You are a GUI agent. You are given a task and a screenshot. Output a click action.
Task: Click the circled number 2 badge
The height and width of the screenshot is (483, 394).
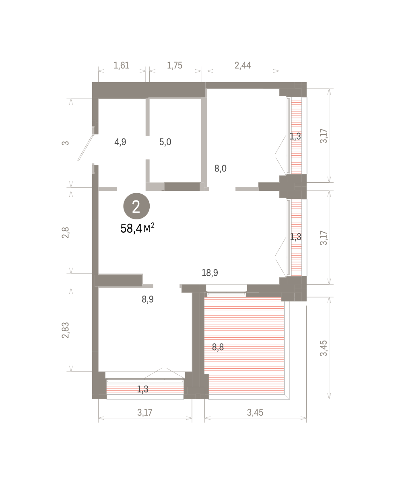(x=136, y=206)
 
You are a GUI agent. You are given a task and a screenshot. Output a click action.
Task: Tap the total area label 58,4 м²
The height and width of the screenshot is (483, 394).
(x=137, y=228)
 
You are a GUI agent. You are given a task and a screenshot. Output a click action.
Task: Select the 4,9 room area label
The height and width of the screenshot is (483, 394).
(x=120, y=142)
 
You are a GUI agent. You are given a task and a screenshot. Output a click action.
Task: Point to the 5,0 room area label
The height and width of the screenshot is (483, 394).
(x=165, y=142)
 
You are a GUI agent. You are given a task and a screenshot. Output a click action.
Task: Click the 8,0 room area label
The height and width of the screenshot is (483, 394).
(x=221, y=169)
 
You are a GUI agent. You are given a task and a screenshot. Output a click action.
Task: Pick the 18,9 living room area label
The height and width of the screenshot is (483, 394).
(x=210, y=273)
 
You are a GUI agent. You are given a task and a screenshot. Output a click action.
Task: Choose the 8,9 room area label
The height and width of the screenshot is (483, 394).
(x=148, y=299)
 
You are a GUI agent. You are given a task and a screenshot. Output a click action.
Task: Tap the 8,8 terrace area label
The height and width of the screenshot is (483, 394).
(x=218, y=347)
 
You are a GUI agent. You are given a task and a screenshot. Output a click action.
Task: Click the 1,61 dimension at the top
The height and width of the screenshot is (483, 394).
(x=122, y=66)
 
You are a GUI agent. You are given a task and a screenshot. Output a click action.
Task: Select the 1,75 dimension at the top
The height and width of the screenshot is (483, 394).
(x=175, y=66)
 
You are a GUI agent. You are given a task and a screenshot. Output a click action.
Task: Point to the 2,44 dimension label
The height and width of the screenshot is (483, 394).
(x=243, y=66)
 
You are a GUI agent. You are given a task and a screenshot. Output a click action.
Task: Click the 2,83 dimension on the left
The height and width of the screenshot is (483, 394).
(x=66, y=330)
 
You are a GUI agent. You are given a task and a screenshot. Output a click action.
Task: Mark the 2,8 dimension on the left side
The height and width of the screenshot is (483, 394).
(x=66, y=233)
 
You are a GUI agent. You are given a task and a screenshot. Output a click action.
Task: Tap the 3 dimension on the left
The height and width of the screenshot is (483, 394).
(x=66, y=143)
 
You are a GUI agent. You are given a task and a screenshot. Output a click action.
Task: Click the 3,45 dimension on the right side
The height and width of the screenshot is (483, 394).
(x=324, y=348)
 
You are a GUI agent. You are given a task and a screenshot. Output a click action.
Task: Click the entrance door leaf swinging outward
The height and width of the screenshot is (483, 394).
(x=86, y=147)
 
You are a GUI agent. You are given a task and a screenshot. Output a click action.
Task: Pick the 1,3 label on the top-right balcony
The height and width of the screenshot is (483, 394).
(x=295, y=136)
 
